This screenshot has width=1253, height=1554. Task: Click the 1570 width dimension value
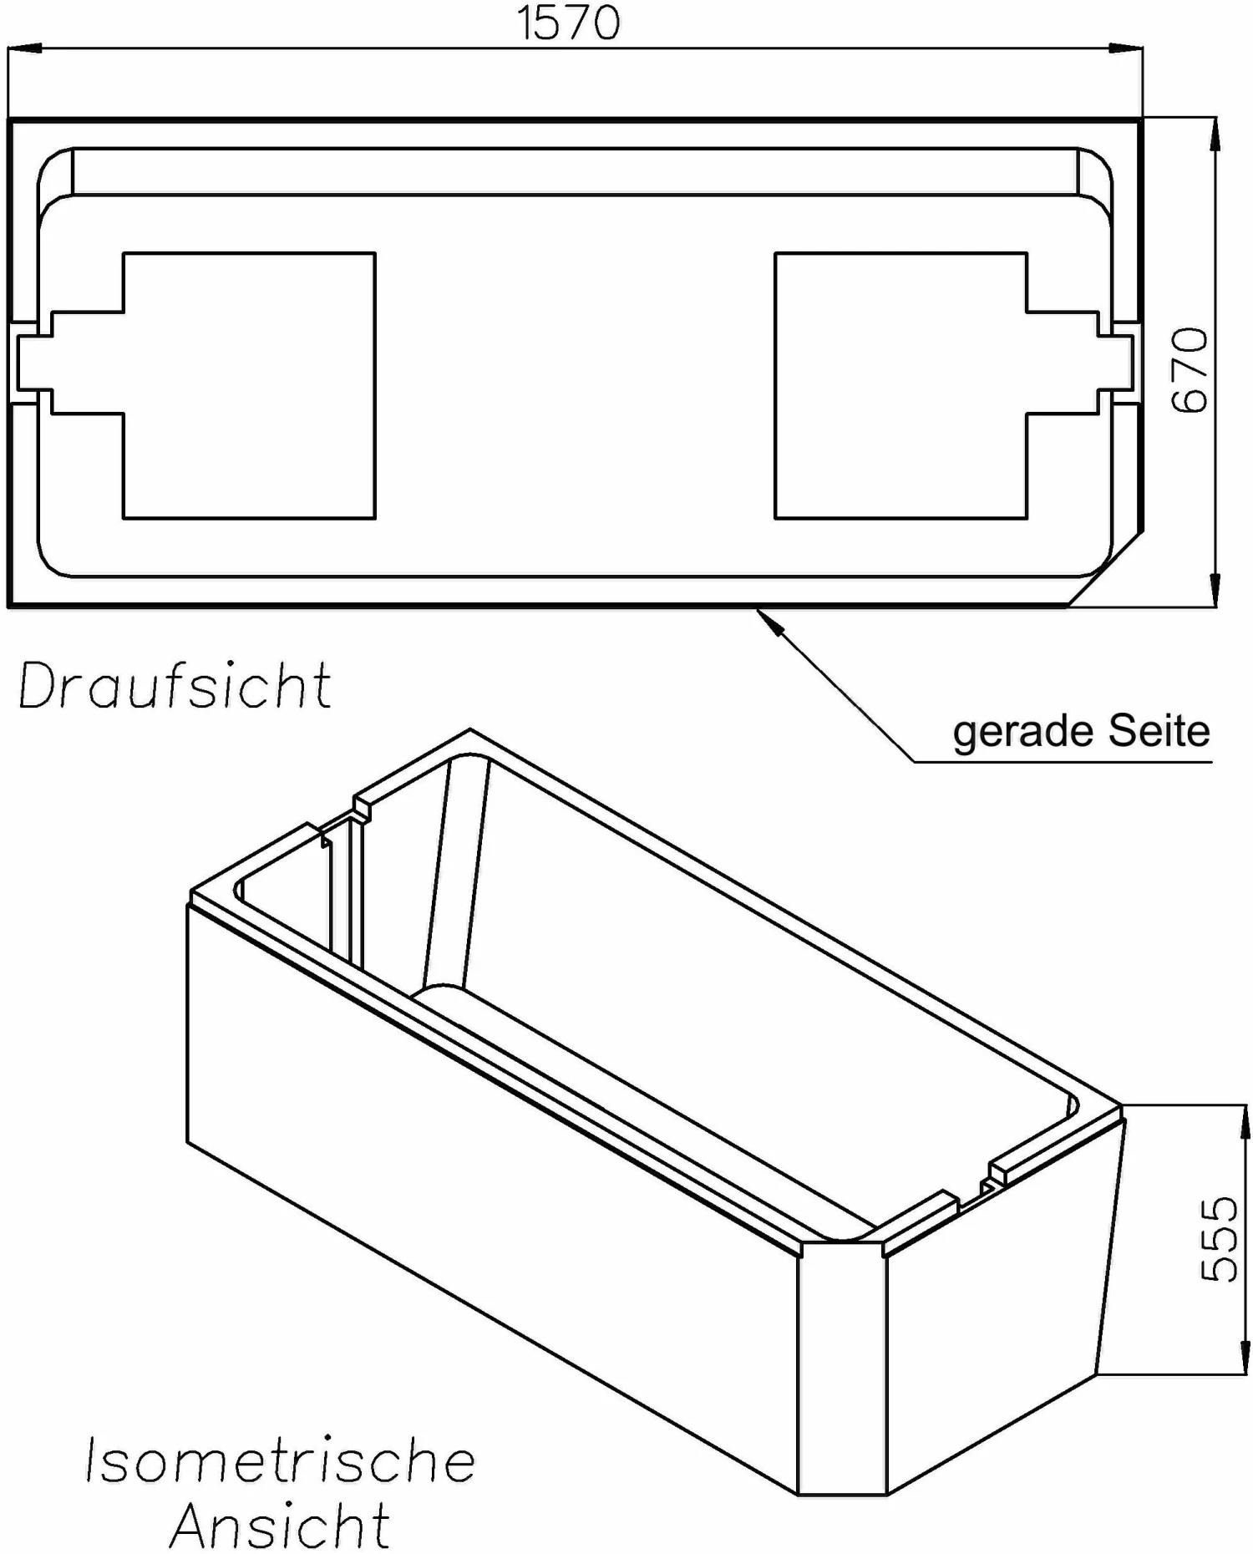tap(569, 23)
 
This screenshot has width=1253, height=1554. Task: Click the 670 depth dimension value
tap(1190, 370)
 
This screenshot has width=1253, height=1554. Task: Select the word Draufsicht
tap(175, 686)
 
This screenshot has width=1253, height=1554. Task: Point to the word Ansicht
tap(280, 1526)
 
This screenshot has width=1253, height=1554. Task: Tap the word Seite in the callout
tap(1159, 731)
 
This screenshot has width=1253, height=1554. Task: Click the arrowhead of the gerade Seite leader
tap(769, 622)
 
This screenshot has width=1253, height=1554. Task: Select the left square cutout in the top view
tap(249, 385)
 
